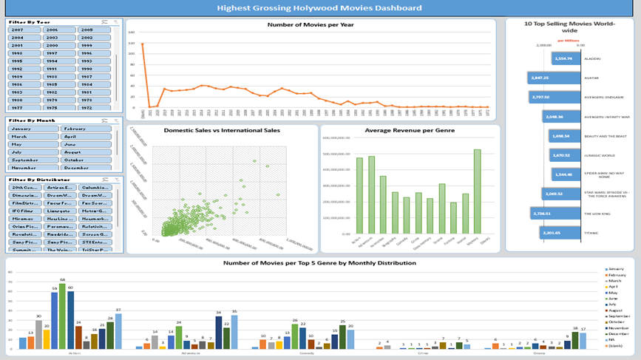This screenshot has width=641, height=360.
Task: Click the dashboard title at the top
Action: (x=320, y=8)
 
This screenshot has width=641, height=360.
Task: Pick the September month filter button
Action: (x=34, y=160)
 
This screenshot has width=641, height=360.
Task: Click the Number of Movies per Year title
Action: (x=310, y=24)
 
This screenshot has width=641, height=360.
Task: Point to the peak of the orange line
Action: (x=142, y=44)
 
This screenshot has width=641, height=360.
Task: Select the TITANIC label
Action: (x=592, y=233)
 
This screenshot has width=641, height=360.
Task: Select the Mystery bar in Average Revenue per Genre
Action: (x=477, y=191)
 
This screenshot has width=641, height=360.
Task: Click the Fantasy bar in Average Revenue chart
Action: (x=452, y=217)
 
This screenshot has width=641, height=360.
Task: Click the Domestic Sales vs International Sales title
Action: (x=222, y=130)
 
